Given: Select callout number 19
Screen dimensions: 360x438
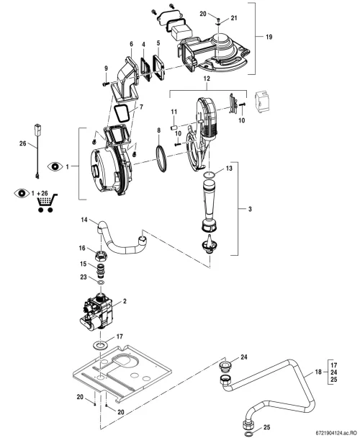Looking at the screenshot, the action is [269, 37].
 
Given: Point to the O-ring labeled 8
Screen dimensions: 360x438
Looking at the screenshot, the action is [161, 159].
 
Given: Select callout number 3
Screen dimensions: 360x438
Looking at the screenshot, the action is [250, 209].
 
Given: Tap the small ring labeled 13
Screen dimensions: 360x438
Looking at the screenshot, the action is [210, 174].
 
